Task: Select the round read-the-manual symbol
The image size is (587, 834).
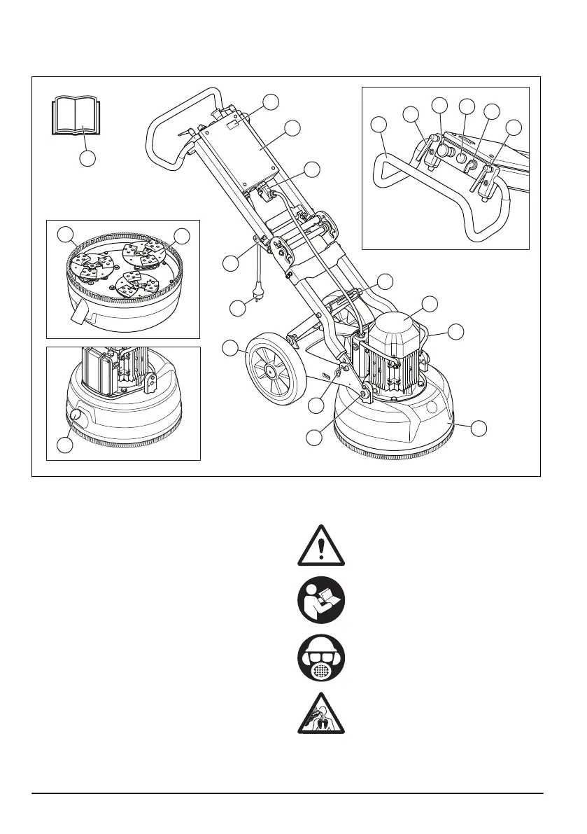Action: point(320,602)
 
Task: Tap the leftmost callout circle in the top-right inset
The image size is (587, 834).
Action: point(379,125)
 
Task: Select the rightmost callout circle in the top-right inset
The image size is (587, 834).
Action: point(514,127)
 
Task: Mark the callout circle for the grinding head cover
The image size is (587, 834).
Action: point(477,428)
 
